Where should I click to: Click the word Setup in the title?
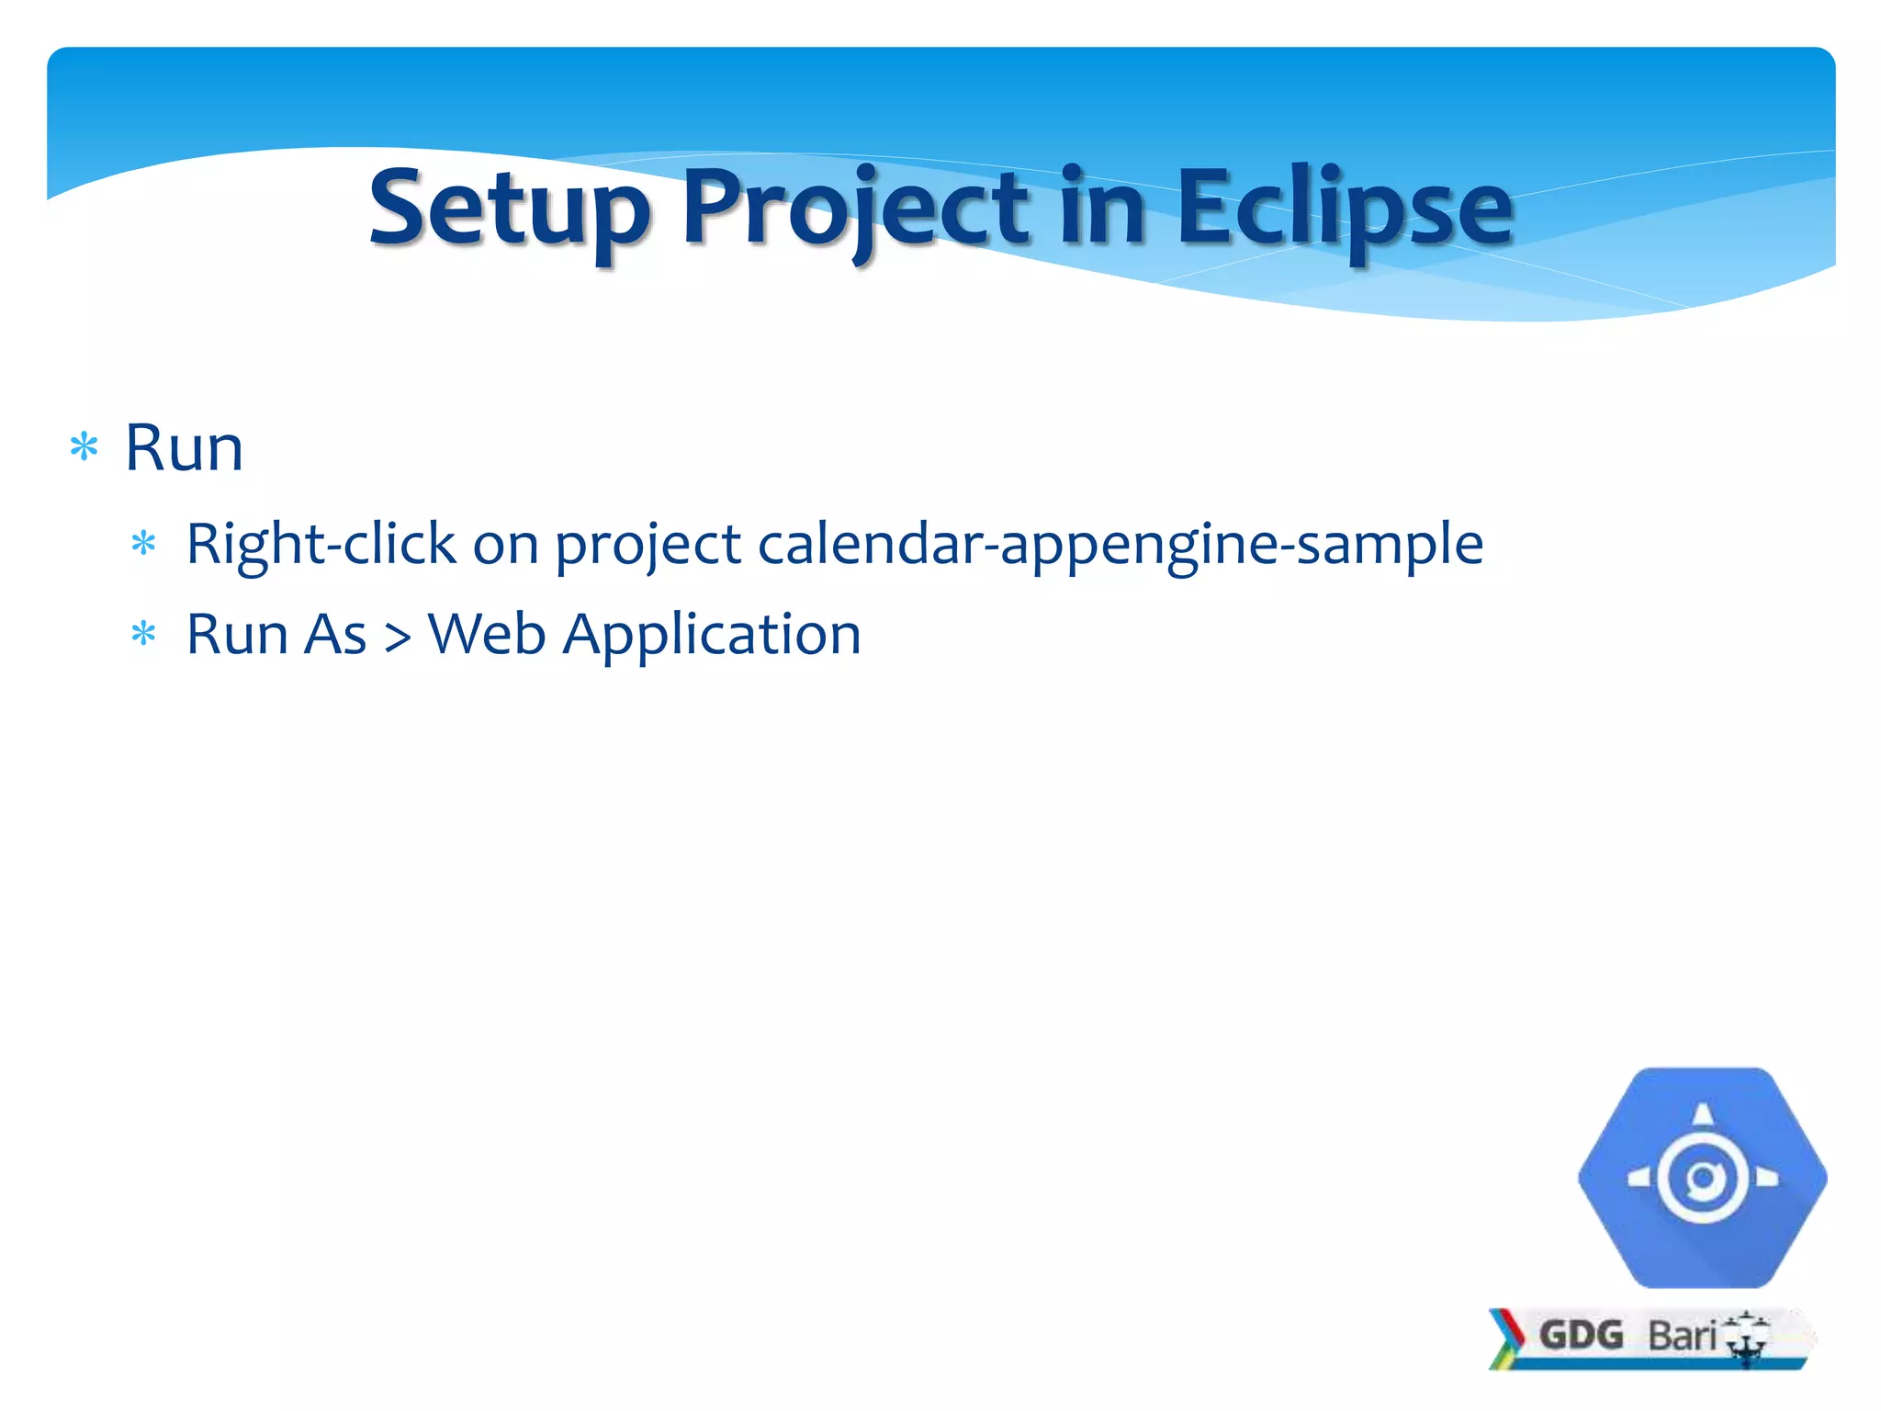510,209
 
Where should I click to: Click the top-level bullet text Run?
184,448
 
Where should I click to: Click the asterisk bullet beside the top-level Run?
84,448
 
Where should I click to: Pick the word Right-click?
321,544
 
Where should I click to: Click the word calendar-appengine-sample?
1120,544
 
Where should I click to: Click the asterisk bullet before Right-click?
144,544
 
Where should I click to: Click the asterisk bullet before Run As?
144,634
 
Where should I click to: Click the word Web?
487,634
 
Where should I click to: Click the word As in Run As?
335,634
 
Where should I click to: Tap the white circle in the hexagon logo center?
1702,1179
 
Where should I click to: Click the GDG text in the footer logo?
1581,1335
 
